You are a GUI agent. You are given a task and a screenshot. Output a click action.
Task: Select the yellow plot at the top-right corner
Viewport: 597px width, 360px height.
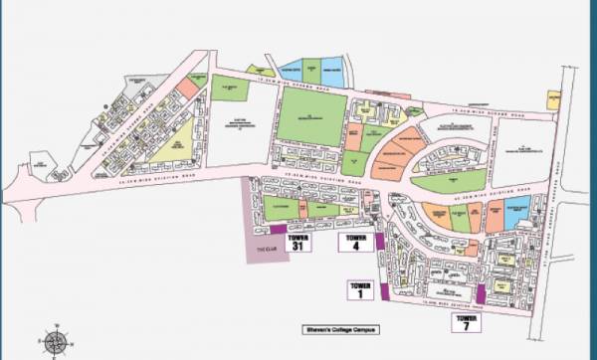[553, 99]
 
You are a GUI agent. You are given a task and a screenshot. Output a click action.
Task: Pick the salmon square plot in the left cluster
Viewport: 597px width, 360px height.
[187, 87]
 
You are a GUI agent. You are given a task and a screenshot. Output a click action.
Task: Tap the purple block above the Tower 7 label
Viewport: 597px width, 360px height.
[481, 294]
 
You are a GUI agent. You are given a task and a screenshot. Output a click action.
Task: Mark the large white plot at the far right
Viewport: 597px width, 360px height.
[522, 150]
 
